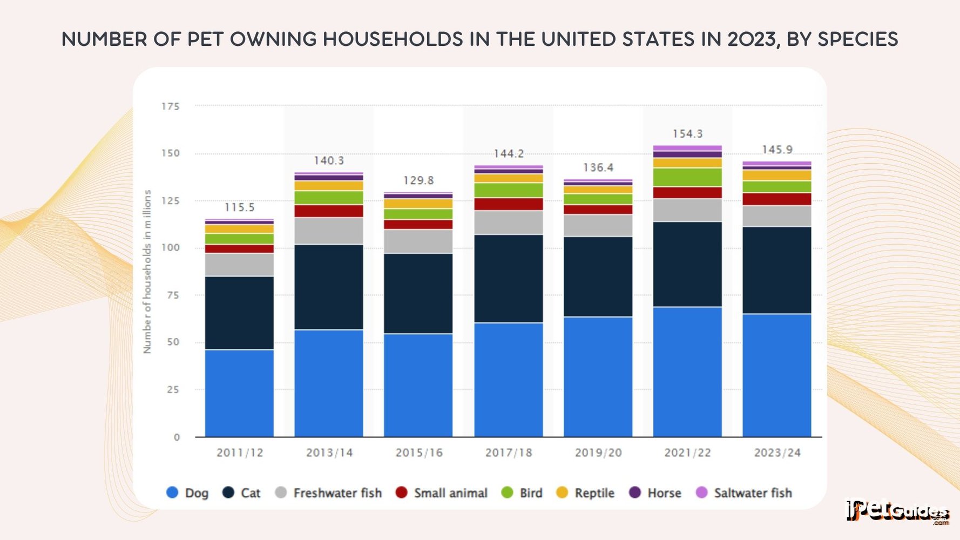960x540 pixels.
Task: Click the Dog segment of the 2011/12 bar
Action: coord(239,393)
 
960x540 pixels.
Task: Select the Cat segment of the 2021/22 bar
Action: coord(687,264)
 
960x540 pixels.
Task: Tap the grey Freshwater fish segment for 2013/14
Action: coord(329,231)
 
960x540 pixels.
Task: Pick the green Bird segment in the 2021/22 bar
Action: coord(687,177)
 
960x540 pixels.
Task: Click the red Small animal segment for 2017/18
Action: coord(508,204)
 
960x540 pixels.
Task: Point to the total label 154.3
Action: coord(687,133)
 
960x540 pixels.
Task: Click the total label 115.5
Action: coord(239,207)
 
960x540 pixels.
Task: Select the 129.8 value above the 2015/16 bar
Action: coord(418,180)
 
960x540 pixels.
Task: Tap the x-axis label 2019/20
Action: coord(598,453)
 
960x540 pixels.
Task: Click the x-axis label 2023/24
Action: coord(777,453)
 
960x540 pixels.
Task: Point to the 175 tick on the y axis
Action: coord(171,106)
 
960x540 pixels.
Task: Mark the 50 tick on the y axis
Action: coord(173,342)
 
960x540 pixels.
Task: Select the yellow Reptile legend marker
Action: coord(562,492)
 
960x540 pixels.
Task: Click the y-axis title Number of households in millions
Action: coord(147,272)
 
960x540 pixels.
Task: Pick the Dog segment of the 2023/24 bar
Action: coord(777,375)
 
